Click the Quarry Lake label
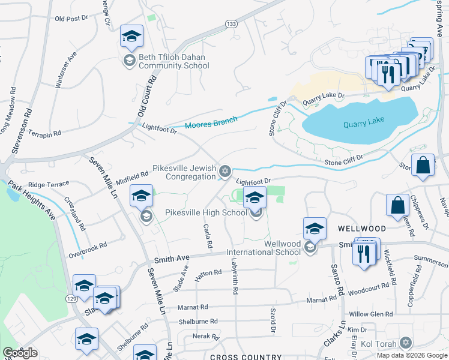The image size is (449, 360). (363, 125)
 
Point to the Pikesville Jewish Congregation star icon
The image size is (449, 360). (225, 172)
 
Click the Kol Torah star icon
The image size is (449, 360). (405, 343)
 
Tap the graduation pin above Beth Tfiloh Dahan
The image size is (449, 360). (131, 37)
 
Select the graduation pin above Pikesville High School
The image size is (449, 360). (255, 197)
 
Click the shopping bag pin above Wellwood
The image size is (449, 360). (397, 205)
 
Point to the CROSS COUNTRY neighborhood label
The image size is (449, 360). (246, 357)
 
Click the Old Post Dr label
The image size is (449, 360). (71, 19)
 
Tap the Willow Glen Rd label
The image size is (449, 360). (370, 314)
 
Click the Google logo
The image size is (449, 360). (20, 353)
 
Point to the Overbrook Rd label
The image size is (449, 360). (87, 246)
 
